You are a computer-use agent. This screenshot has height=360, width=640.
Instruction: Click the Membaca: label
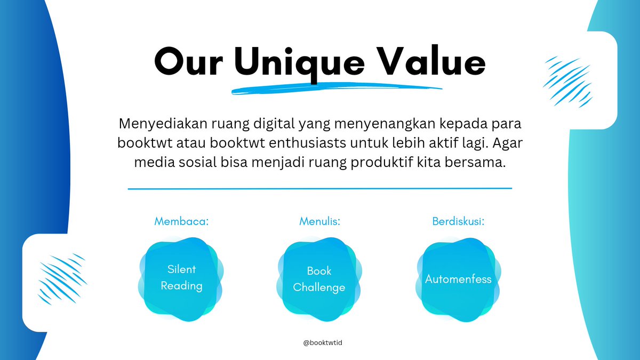click(x=181, y=221)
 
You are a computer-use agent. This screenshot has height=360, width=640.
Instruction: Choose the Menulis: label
click(x=320, y=221)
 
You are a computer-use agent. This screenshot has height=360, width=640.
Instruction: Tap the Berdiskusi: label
click(x=458, y=221)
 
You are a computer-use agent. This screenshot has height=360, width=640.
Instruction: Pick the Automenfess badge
click(x=458, y=279)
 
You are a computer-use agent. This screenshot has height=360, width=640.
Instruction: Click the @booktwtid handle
click(x=322, y=343)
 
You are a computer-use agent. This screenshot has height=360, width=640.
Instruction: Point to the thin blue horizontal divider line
click(x=320, y=188)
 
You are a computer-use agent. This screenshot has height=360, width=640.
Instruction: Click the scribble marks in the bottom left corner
click(x=62, y=277)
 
